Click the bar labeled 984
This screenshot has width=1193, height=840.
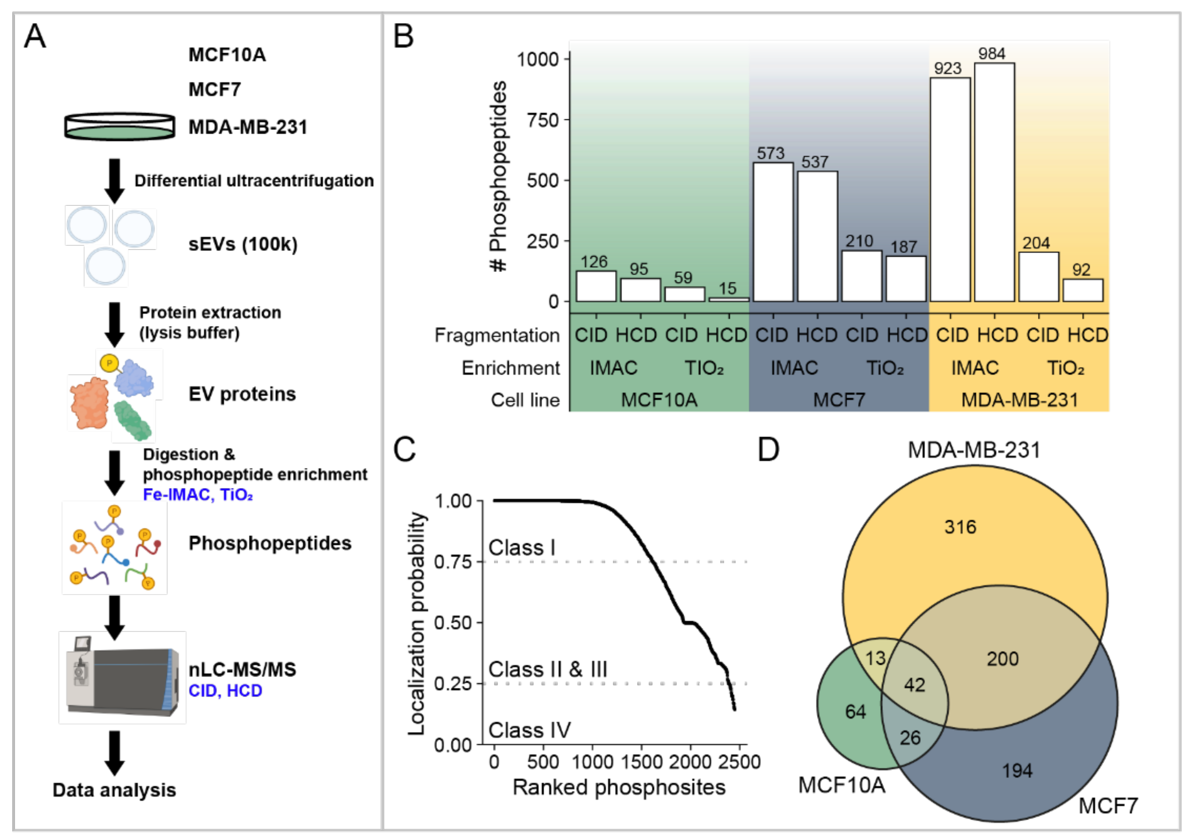994,182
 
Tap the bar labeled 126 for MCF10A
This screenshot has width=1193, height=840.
596,286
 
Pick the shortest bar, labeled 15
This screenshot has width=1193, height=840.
729,299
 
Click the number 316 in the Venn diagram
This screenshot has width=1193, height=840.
960,527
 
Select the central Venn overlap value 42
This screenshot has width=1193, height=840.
914,685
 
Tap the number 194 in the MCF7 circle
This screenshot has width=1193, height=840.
1017,770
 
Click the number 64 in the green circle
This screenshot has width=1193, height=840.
855,711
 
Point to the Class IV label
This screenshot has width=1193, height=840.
529,730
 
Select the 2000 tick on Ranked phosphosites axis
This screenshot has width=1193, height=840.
690,762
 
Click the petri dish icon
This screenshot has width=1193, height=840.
120,127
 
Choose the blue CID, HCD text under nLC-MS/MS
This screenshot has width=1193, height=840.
225,691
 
